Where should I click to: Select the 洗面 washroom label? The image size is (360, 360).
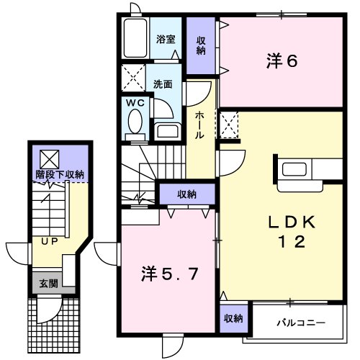(x=163, y=84)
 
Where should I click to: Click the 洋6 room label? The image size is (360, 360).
(x=282, y=62)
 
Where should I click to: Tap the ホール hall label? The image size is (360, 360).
(x=199, y=125)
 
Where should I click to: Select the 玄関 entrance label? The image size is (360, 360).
(x=49, y=283)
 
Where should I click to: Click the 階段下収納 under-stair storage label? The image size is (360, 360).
(x=60, y=175)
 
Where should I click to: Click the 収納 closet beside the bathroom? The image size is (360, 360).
(x=201, y=45)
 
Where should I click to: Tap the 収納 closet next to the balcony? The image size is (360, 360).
(x=232, y=318)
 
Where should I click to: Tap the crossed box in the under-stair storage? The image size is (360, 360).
(x=49, y=156)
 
